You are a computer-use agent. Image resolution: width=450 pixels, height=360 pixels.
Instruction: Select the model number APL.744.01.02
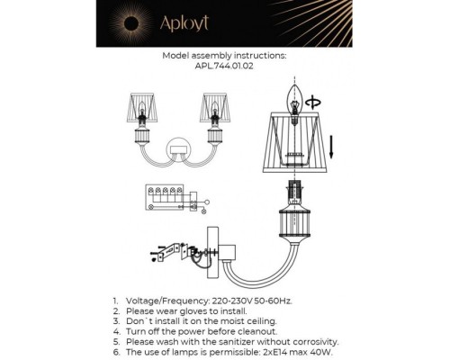pyautogui.click(x=224, y=65)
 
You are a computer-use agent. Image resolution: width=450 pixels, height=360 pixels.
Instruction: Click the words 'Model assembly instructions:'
pyautogui.click(x=224, y=55)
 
